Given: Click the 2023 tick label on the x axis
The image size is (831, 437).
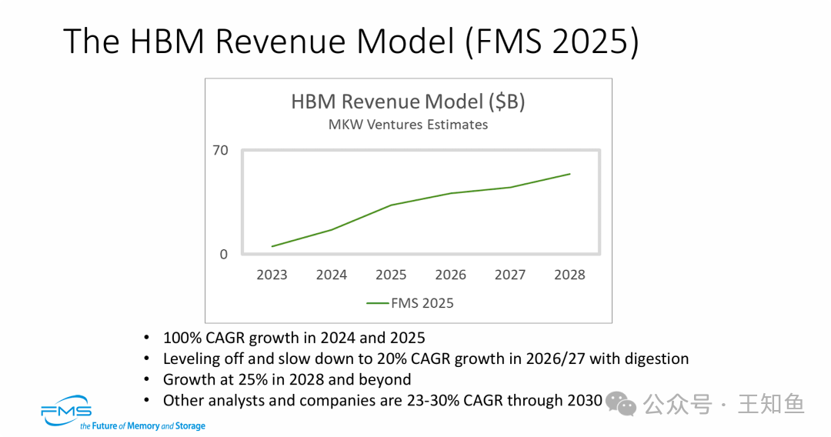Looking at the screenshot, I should point(272,275).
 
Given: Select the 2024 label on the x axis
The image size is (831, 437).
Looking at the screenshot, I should point(332,275).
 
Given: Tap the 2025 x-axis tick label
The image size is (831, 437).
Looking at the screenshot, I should point(391,275).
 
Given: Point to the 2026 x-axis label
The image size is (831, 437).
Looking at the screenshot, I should point(451,275).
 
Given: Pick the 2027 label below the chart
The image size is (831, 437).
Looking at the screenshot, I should point(510,275).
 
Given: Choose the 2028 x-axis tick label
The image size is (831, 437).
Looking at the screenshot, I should point(569,275).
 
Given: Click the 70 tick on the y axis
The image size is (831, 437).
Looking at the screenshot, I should point(221,150).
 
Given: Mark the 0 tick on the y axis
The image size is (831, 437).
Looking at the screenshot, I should point(224,254).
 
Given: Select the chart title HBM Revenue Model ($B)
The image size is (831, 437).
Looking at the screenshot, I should point(408,102).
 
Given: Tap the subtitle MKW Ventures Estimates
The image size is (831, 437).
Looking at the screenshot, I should point(408,124).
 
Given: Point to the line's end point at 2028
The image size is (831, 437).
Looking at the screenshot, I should point(569,174).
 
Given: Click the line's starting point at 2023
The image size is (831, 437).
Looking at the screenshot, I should point(272,246).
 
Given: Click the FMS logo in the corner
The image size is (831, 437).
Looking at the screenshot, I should point(67,410).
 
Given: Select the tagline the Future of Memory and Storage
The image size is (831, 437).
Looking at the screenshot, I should point(143,425).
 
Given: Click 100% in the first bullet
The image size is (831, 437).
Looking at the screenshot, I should point(182,338).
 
